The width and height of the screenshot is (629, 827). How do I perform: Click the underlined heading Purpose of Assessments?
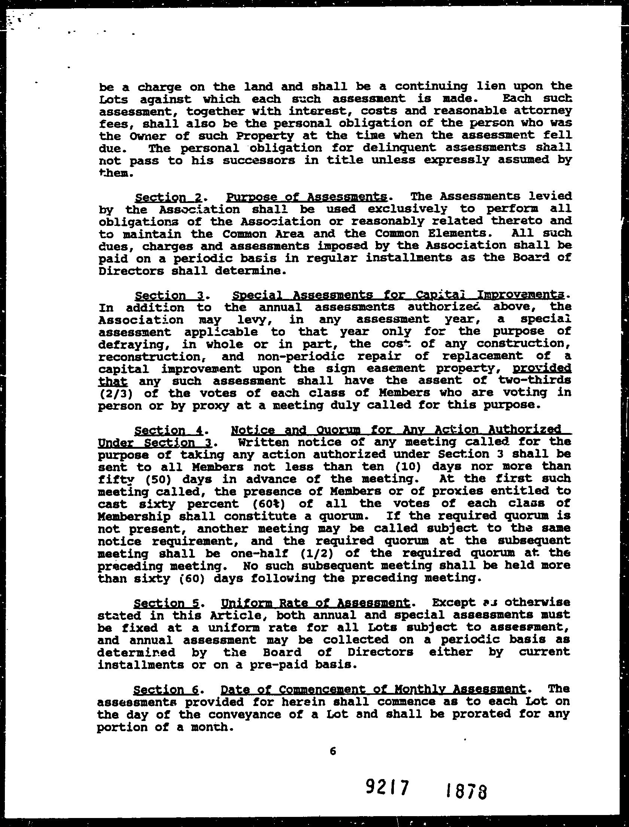[306, 197]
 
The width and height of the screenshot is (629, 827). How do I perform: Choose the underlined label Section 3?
[169, 296]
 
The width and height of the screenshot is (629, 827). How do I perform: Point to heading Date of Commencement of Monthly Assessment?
[373, 689]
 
